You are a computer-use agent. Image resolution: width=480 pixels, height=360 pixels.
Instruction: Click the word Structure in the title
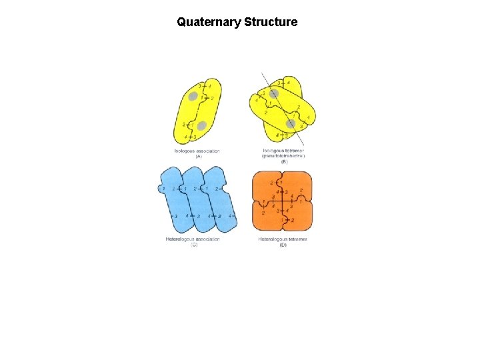click(271, 22)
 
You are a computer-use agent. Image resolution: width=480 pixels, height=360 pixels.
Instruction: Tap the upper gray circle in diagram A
click(193, 97)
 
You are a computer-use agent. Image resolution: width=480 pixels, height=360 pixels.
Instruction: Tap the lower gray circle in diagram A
click(201, 125)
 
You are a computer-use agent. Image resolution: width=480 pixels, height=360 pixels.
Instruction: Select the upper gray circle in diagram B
click(273, 94)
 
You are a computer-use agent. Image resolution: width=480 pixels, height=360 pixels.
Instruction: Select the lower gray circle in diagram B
click(290, 123)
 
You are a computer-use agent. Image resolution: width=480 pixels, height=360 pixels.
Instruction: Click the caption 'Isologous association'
click(197, 151)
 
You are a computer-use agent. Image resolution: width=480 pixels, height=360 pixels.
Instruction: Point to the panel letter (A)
click(198, 157)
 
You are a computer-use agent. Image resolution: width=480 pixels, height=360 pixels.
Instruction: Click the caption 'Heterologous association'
click(193, 239)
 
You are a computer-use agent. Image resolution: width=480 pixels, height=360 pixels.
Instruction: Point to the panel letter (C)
click(194, 245)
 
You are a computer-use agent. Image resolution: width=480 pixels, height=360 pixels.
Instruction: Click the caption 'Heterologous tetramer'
click(283, 239)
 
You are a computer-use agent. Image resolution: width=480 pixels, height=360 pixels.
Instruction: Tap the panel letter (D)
click(283, 245)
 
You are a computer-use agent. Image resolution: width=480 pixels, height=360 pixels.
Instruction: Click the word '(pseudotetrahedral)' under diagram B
click(283, 156)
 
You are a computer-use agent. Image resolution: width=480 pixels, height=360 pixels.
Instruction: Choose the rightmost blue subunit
click(220, 200)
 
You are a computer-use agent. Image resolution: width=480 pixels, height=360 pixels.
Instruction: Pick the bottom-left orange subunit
click(267, 217)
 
